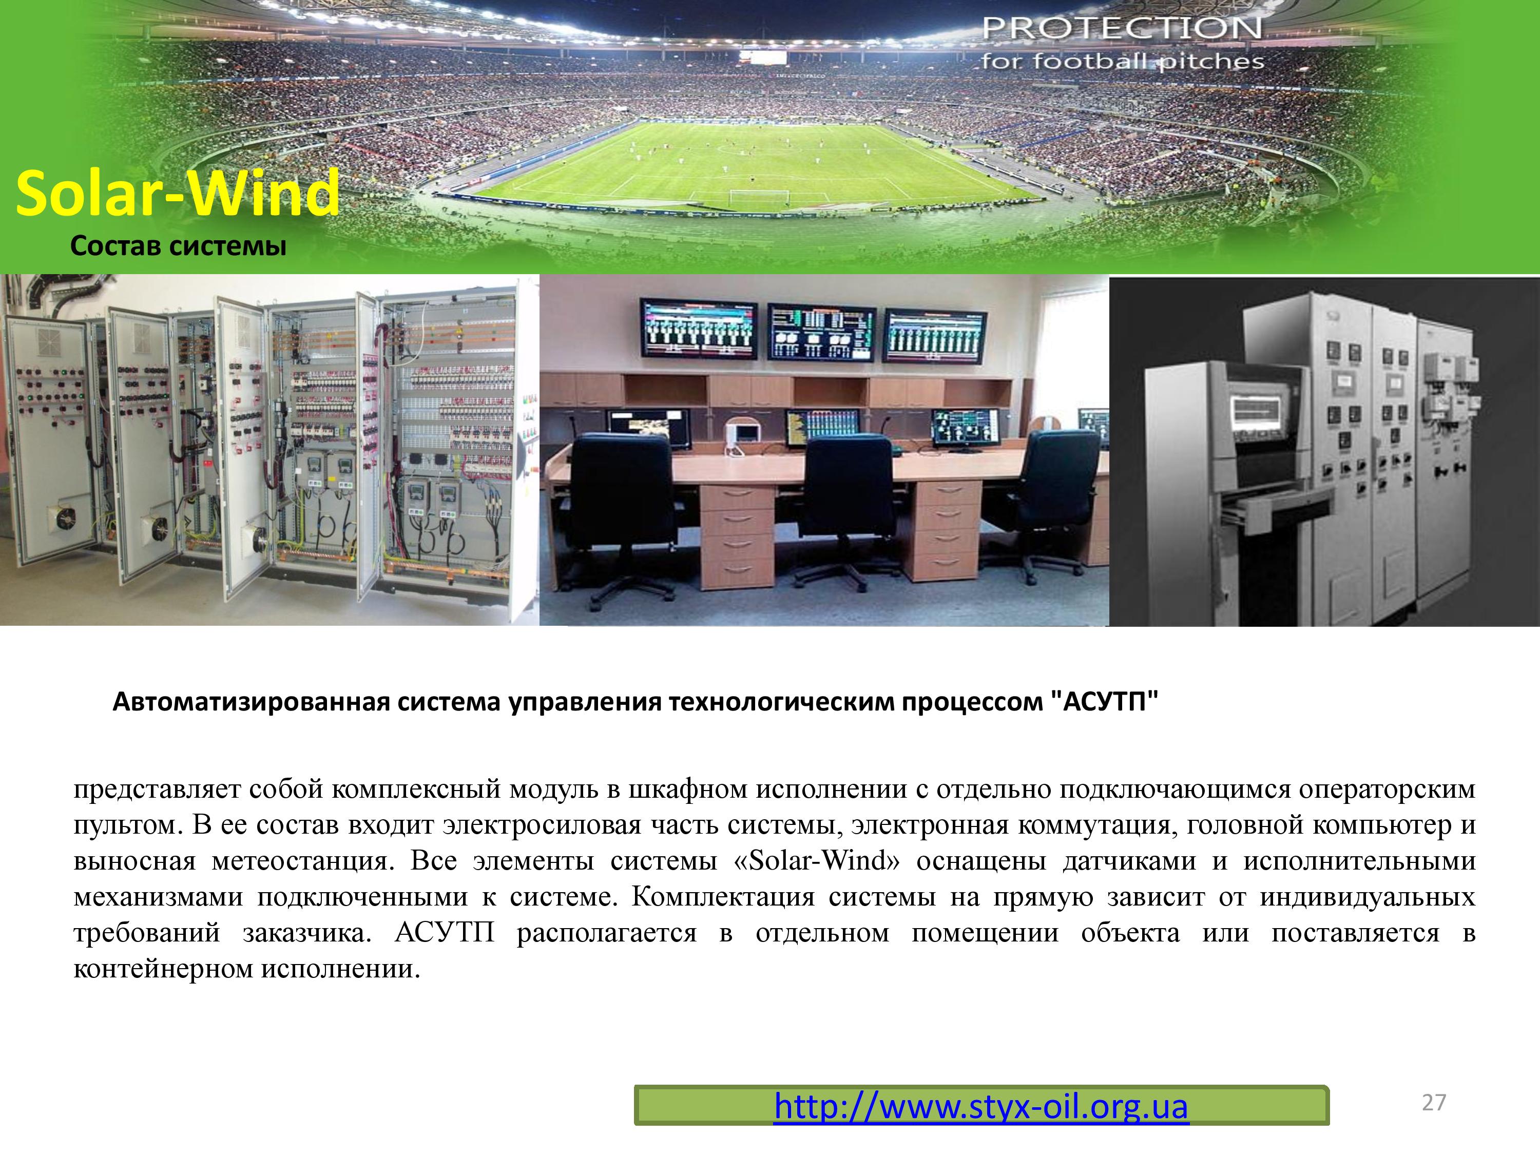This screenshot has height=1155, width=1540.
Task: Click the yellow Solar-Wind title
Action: pos(178,193)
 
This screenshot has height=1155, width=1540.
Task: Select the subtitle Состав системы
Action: pos(178,246)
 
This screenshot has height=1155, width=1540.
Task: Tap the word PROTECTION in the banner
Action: pos(1122,29)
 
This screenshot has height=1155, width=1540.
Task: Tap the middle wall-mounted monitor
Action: pos(820,332)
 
